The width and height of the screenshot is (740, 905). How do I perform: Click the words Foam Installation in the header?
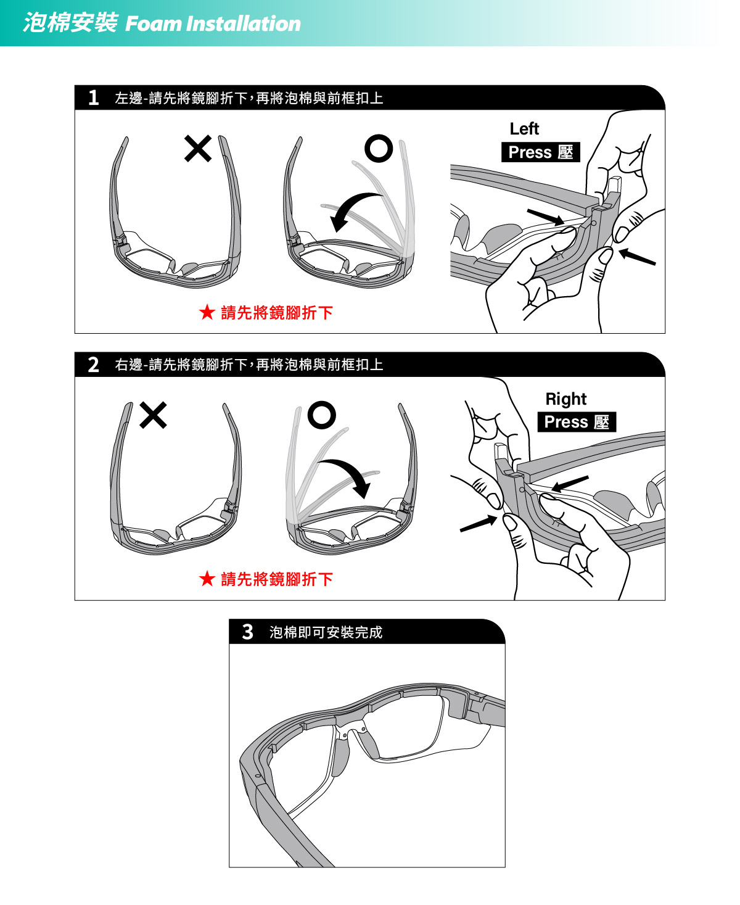coord(213,23)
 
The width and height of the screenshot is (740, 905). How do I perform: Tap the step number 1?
coord(94,98)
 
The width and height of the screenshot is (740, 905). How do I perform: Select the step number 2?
coord(94,365)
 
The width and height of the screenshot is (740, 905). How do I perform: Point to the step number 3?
coord(247,632)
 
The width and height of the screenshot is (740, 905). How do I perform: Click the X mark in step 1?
coord(198,149)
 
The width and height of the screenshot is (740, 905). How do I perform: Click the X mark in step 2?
coord(153,415)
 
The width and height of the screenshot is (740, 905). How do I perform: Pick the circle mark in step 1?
coord(379,149)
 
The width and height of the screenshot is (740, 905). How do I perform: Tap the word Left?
coord(524,129)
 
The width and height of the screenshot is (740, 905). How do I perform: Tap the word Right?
coord(566,399)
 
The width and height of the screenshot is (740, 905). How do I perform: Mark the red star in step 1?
coord(207,312)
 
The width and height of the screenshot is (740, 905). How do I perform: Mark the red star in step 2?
coord(207,579)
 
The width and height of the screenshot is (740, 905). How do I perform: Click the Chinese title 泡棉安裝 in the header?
coord(70,22)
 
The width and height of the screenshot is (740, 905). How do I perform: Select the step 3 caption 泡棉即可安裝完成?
coord(326,632)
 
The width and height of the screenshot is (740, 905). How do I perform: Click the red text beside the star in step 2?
coord(277,579)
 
